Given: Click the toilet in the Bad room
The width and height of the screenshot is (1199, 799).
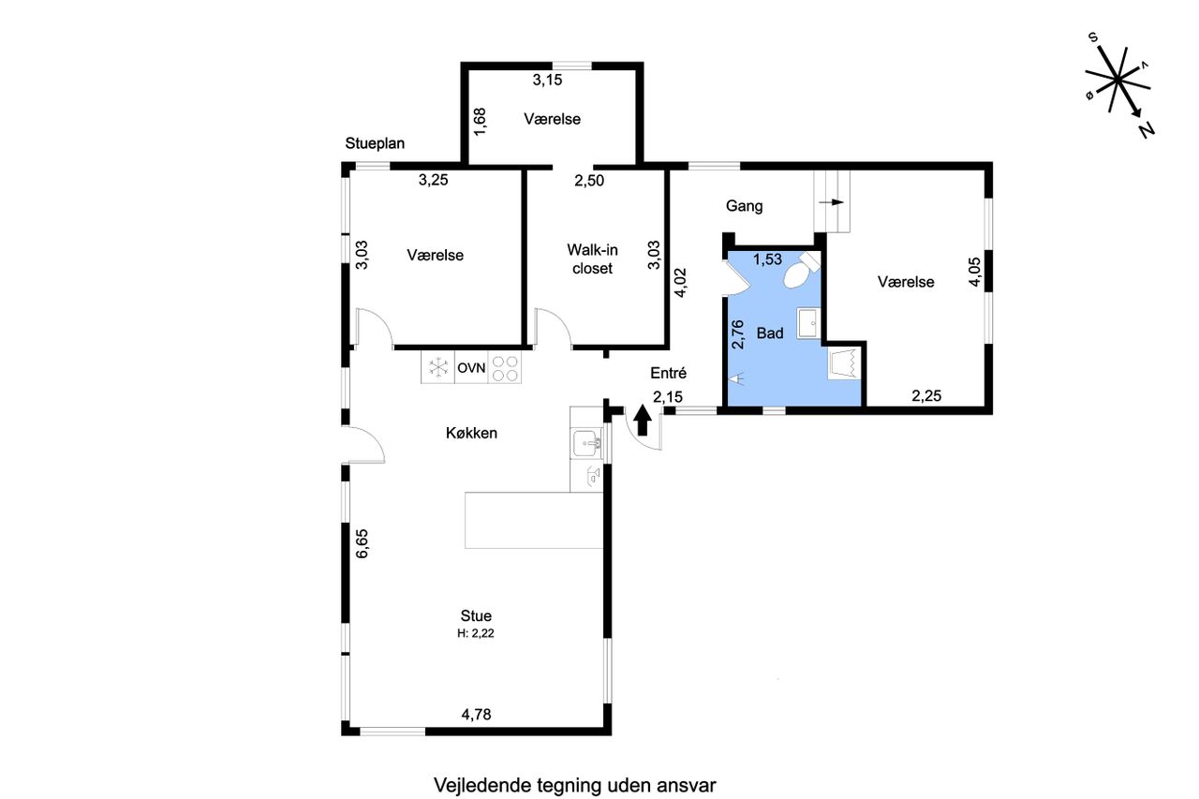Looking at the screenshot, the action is pos(802,271).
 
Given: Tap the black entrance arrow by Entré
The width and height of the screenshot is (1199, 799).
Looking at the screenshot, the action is pos(643,420).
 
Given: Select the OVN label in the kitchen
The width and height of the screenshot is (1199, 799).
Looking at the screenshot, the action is pos(471,368).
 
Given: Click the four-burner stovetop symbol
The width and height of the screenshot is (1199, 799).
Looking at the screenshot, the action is pos(505,368).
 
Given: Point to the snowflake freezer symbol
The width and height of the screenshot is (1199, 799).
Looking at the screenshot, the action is pos(438,368).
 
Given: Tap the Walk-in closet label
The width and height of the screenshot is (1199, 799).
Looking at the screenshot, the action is pos(592,259).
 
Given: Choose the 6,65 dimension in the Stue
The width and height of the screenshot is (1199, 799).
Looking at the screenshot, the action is pos(363,543).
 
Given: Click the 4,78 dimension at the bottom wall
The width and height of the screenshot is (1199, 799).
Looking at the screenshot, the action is pos(476,715).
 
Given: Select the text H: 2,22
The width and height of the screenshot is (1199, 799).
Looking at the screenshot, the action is pos(475,633).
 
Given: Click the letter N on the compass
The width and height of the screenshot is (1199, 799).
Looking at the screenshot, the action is pos(1146,130).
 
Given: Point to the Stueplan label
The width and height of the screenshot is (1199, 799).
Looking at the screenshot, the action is pos(375,143).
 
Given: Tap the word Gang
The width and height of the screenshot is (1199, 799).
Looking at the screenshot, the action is pos(744,206).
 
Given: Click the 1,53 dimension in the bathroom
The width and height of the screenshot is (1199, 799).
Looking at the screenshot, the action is pos(767,259).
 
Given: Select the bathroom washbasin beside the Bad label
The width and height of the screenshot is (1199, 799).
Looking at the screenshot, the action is pos(808,323).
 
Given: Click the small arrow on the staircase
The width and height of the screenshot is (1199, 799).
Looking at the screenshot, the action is pos(831,202).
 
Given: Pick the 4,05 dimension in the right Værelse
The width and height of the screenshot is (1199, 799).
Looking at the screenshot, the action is pos(975,272).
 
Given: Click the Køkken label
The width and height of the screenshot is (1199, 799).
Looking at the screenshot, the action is pos(471,433).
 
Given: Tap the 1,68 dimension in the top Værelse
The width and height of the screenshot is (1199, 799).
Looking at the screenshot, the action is pos(481,122).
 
